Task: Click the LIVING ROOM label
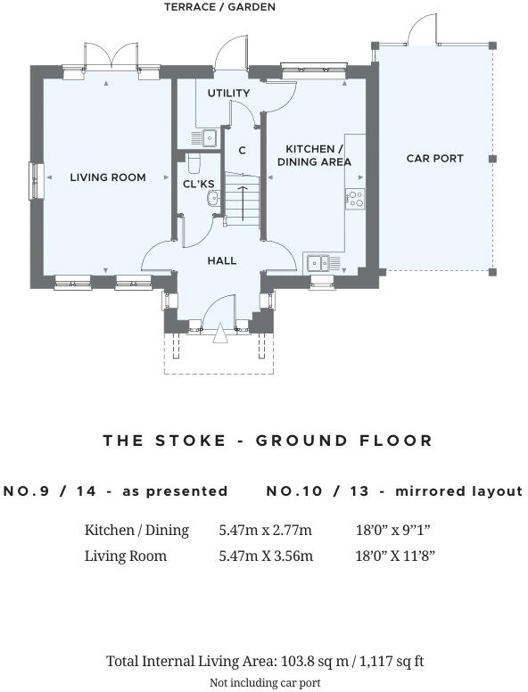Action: point(108,177)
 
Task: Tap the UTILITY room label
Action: point(228,93)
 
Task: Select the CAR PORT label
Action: point(435,159)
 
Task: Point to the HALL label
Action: point(221,260)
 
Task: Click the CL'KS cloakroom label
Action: point(199,184)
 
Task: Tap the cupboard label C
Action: point(242,151)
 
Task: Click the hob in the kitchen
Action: point(355,199)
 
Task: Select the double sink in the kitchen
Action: point(318,263)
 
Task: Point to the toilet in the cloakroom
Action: point(194,163)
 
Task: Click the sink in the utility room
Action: point(209,137)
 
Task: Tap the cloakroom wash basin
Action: point(213,198)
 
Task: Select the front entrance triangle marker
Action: point(220,334)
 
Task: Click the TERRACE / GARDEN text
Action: point(219,7)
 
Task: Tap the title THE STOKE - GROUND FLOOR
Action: point(268,441)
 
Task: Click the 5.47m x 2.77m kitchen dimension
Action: point(265,530)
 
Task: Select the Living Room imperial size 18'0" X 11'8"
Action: point(395,556)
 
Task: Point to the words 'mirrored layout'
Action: point(458,491)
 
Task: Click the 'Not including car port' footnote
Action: point(265,683)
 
